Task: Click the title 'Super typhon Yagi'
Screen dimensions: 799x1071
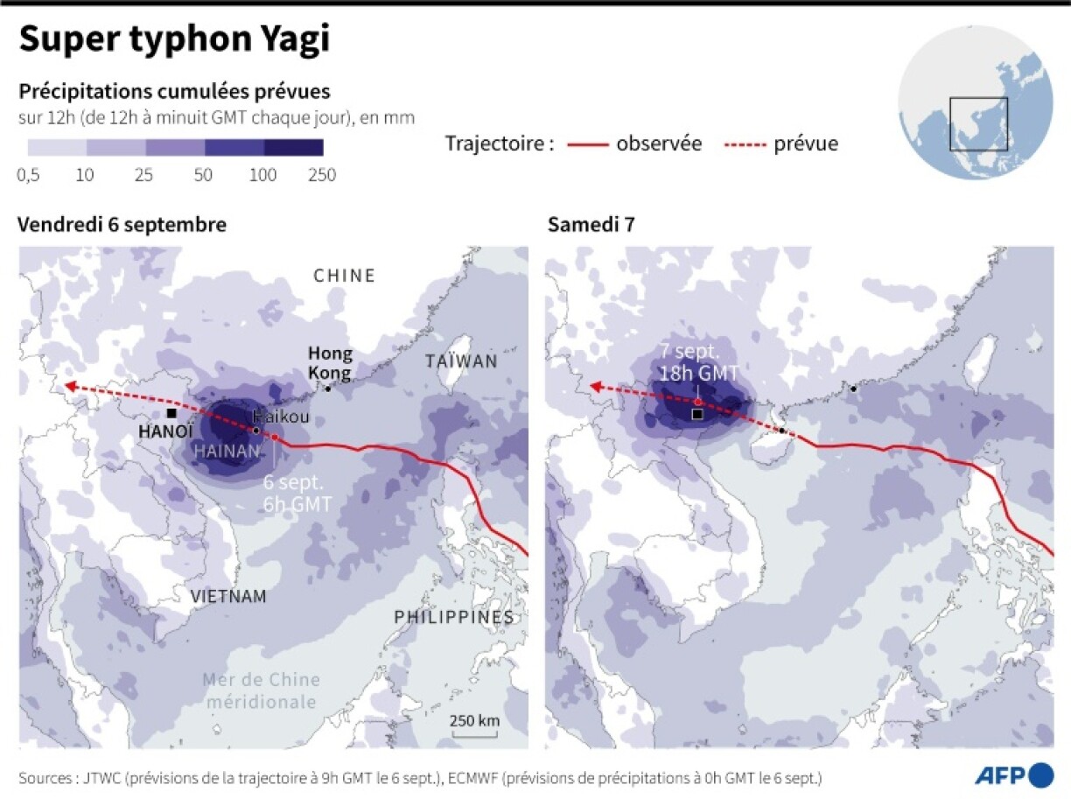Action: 175,41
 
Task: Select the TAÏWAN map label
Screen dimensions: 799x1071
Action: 461,361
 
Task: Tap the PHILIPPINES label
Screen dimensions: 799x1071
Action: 453,617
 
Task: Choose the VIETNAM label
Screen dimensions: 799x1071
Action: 228,597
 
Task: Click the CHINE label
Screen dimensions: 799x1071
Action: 344,276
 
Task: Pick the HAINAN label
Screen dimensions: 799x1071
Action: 226,452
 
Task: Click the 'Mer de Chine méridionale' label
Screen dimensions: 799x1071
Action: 261,690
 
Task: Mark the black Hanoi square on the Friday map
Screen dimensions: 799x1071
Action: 172,413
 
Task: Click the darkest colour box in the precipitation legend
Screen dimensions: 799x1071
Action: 294,147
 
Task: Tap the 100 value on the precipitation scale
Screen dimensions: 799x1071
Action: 262,175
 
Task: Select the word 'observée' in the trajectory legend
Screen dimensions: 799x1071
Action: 659,144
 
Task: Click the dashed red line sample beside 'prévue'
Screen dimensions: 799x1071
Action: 744,144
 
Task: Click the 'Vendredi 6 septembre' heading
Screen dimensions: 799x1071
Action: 122,224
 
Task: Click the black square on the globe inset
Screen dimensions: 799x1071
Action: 978,123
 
